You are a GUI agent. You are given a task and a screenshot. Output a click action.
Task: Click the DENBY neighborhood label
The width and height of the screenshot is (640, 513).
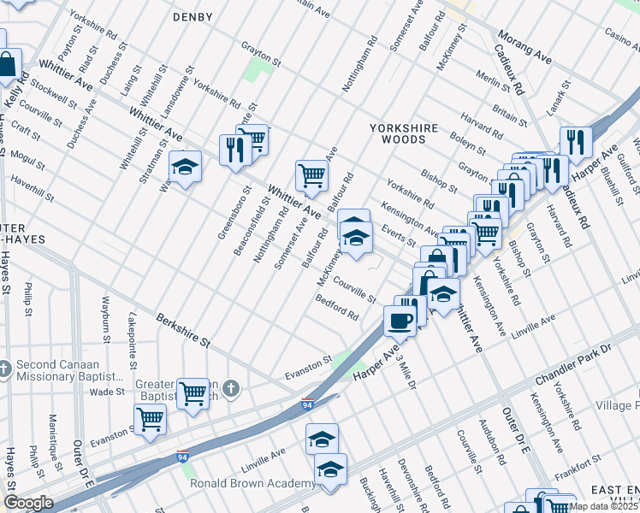pyautogui.click(x=192, y=16)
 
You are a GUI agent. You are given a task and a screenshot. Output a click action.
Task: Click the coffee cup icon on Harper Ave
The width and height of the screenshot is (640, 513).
pyautogui.click(x=399, y=321)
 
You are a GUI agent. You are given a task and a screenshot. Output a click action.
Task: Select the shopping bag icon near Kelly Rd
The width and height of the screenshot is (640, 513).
pyautogui.click(x=8, y=65)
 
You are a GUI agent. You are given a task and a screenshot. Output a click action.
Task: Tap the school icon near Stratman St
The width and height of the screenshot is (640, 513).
pyautogui.click(x=184, y=168)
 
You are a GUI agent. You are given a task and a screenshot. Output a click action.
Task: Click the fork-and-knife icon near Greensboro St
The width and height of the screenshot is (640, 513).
pyautogui.click(x=234, y=150)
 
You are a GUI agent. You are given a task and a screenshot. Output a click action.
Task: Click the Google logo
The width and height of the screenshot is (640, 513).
pyautogui.click(x=27, y=503)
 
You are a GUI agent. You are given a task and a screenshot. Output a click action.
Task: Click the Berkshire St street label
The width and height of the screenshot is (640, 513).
pyautogui.click(x=182, y=330)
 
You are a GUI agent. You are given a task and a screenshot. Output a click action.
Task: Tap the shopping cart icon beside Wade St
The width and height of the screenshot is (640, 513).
pyautogui.click(x=193, y=393)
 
